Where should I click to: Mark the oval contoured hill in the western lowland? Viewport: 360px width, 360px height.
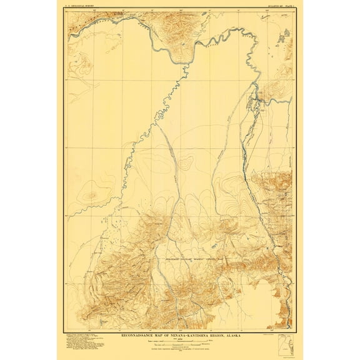click(92, 195)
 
